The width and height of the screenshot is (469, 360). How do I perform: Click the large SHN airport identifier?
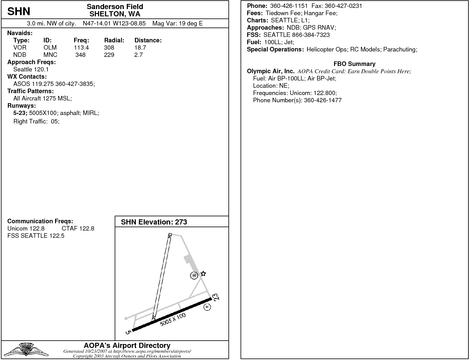[19, 11]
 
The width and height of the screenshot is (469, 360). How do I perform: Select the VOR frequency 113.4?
[81, 47]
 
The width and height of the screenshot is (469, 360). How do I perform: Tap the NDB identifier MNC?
[50, 55]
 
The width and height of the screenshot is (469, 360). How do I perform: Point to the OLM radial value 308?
[109, 47]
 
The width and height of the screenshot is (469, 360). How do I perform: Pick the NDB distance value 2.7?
[138, 55]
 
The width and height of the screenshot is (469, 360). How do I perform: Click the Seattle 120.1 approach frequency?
[31, 69]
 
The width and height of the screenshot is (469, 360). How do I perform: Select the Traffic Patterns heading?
[30, 91]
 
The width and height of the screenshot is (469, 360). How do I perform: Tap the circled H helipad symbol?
[194, 275]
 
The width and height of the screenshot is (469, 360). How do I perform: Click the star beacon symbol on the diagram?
[203, 273]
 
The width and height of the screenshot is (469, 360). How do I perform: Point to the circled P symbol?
[207, 307]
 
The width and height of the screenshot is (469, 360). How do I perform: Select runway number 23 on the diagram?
[216, 297]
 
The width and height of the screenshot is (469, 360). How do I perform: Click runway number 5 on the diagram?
[128, 332]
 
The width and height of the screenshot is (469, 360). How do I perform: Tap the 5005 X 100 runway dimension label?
[173, 319]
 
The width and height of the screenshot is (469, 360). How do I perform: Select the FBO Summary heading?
[354, 64]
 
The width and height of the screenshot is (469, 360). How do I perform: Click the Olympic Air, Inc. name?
[271, 71]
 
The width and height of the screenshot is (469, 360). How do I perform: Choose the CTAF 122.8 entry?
[78, 228]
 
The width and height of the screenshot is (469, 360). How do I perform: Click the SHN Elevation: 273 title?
[154, 222]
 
